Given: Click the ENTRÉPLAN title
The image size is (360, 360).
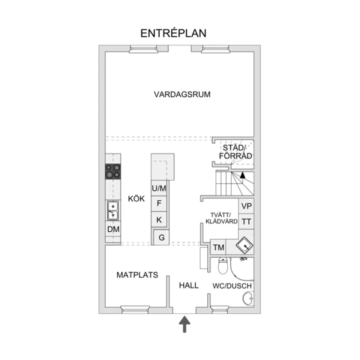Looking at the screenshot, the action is [x=173, y=33].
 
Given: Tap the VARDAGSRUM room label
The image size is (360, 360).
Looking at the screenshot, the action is [x=182, y=94].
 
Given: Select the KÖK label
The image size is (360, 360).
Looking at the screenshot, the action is [x=137, y=199].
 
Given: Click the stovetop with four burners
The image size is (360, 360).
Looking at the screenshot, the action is [x=113, y=171].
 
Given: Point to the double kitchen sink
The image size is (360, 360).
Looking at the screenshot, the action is [x=113, y=210].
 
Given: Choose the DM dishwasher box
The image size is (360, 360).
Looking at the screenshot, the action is [x=113, y=229].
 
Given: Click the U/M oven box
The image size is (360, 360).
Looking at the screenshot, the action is [x=159, y=188].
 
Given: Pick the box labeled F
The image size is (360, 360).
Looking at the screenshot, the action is [x=159, y=203].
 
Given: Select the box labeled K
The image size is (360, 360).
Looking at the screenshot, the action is [x=159, y=220].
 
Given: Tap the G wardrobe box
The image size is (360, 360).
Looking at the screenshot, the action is [x=161, y=237].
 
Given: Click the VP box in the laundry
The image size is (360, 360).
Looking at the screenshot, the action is [x=247, y=206].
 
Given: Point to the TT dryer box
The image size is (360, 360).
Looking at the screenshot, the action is [x=247, y=222].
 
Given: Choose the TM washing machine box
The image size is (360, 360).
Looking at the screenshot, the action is [x=218, y=247].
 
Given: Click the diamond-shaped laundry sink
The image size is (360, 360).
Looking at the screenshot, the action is [x=244, y=245].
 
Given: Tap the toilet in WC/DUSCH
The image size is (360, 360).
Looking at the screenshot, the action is [x=223, y=266].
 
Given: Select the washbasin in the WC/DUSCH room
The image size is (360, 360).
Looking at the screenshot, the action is [x=248, y=298].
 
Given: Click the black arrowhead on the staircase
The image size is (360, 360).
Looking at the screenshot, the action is [x=243, y=175].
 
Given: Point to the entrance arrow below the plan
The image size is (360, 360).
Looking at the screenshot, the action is [x=185, y=324].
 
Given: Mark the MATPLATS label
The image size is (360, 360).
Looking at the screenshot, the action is [x=137, y=275].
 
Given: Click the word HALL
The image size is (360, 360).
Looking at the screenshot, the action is [x=189, y=285].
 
